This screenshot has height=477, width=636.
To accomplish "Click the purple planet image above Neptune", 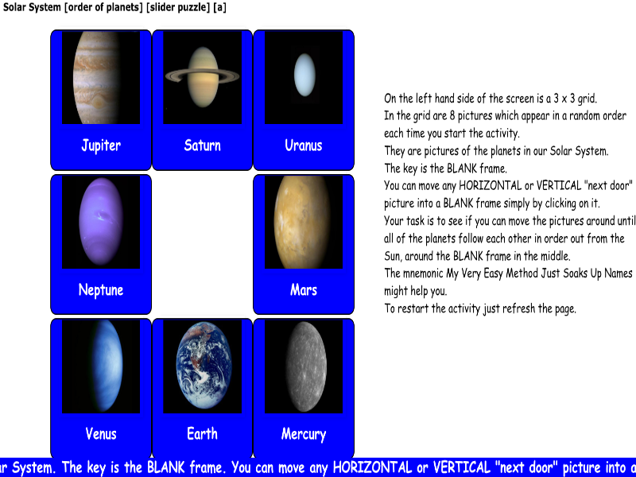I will (101, 222).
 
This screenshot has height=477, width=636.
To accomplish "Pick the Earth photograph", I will (202, 366).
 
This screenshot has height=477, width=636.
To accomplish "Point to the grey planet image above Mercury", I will (304, 366).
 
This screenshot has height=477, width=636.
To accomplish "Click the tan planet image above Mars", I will (304, 222).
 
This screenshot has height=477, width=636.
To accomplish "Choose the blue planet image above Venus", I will (101, 366).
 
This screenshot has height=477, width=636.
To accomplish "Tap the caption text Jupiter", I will (101, 145).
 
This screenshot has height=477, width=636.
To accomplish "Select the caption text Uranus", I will (304, 145).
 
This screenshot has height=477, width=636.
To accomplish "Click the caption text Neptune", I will (101, 290).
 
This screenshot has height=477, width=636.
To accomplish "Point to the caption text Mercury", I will (304, 434).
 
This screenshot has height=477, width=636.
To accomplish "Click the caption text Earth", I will (202, 434).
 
